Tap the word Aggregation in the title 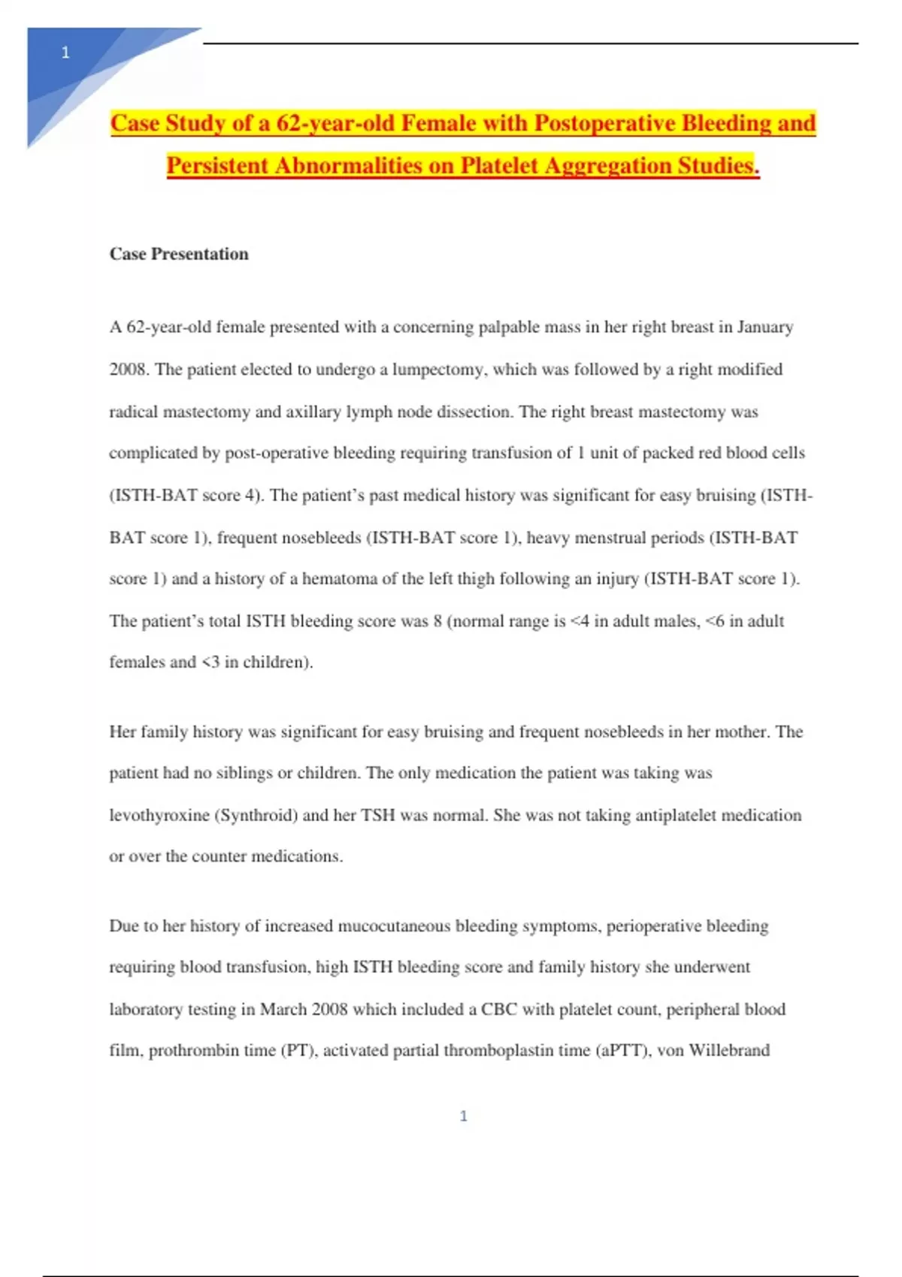coord(608,165)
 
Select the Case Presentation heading coord(179,254)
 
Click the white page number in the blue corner coord(65,53)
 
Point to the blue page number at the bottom coord(463,1116)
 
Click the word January coord(764,328)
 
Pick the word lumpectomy coord(439,370)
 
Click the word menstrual coord(619,538)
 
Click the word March coord(284,1010)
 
